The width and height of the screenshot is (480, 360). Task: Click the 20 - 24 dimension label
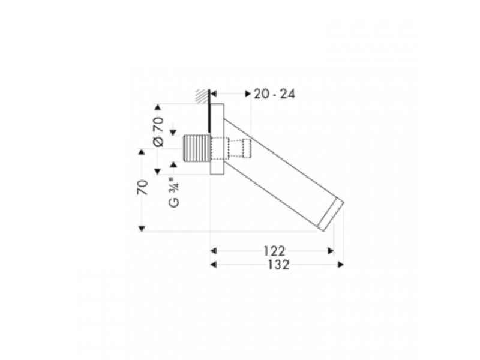click(274, 94)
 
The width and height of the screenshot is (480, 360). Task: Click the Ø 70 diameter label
click(158, 131)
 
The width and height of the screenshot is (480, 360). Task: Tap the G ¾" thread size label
click(174, 193)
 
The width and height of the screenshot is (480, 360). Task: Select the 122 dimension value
click(274, 251)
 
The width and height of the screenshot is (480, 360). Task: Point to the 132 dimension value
click(278, 265)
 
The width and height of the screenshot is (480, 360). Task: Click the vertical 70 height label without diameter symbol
click(143, 188)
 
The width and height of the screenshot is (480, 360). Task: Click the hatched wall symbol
click(202, 96)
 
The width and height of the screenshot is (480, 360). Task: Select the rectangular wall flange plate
click(217, 139)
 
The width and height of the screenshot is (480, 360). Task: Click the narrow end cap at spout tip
click(331, 215)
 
